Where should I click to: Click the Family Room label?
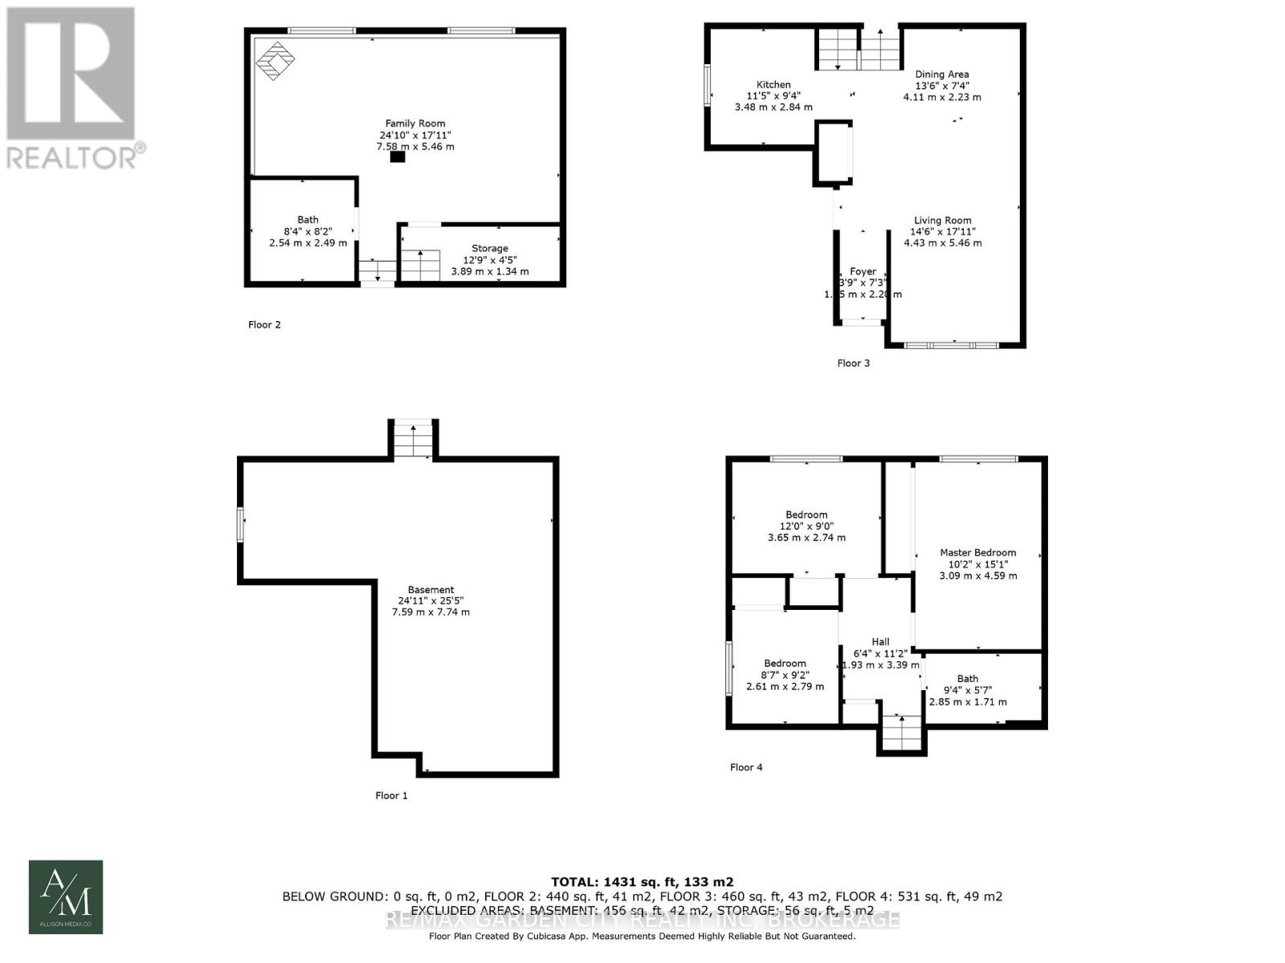coord(414,124)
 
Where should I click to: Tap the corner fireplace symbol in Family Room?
coord(275,60)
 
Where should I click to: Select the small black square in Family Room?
coord(398,157)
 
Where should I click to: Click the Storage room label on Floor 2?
coord(489,249)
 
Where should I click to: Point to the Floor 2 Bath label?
coord(308,220)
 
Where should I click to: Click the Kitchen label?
coord(773,84)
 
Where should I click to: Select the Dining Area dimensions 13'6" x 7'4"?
coord(942,86)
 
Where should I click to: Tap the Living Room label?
coord(942,221)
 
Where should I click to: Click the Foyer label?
coord(863,271)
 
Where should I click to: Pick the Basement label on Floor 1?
coord(430,590)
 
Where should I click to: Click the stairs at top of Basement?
coord(414,439)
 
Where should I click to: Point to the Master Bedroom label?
coord(977,553)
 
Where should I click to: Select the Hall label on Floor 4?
coord(880,642)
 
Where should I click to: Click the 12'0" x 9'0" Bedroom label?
coord(806,515)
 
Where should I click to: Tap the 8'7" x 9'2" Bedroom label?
coord(785,664)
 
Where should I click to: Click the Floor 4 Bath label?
coord(967,679)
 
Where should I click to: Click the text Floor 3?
coord(853,364)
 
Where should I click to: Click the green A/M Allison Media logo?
coord(66,897)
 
